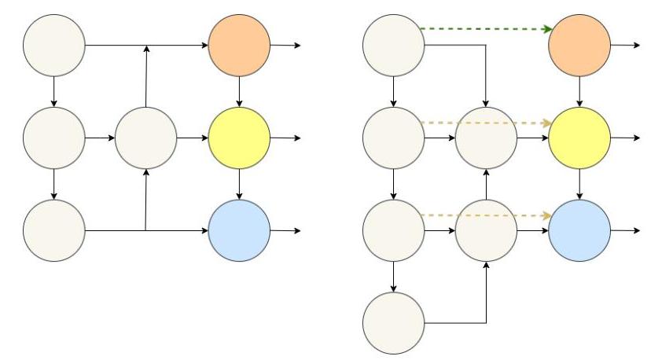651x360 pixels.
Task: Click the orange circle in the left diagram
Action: (239, 45)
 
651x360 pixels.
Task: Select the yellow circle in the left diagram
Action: (239, 138)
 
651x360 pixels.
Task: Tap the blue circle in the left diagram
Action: (239, 230)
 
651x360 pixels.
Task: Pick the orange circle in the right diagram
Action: (579, 45)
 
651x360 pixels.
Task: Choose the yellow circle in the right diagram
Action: (579, 138)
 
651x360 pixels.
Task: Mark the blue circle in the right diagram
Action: (579, 230)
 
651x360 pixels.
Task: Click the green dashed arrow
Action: (484, 28)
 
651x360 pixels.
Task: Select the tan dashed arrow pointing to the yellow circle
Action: (484, 123)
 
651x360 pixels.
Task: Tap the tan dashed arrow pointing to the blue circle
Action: (484, 215)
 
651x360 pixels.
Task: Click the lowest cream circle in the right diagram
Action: (393, 322)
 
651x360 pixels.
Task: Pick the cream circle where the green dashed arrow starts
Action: (393, 45)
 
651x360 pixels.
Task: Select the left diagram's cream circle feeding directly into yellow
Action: (146, 138)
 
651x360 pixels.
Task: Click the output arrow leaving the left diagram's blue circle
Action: (285, 230)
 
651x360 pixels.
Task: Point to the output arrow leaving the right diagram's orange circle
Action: (625, 45)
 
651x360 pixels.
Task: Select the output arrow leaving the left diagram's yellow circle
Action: (285, 138)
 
